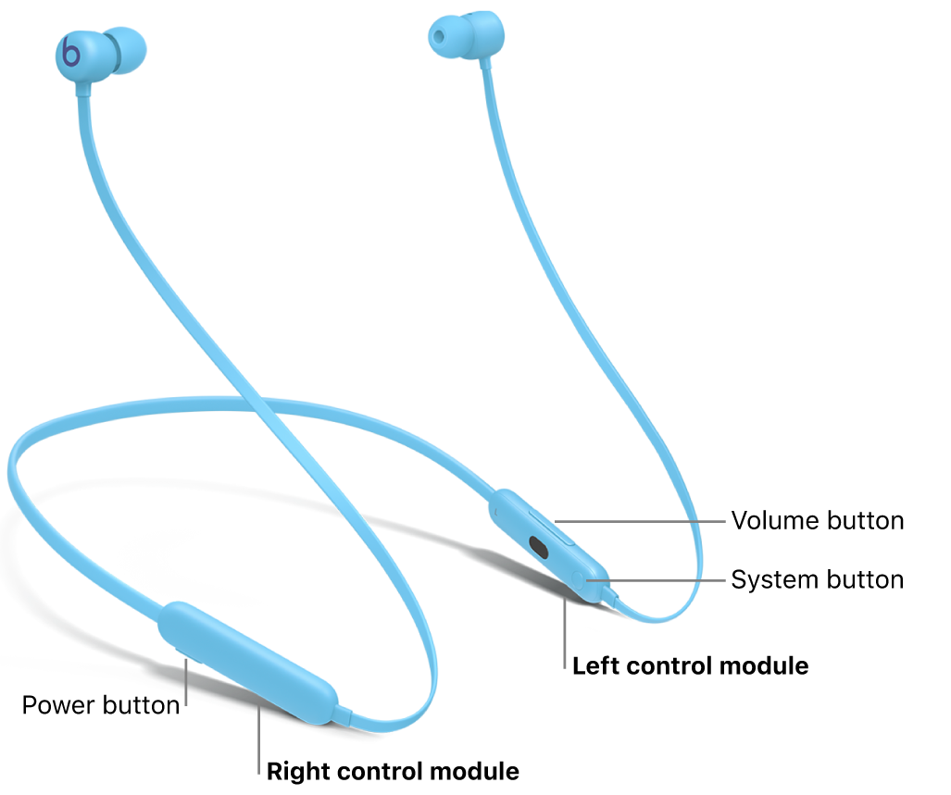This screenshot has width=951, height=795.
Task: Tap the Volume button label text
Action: click(x=817, y=520)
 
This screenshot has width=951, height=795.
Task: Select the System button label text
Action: click(x=817, y=579)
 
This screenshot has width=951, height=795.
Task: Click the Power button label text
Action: click(x=100, y=705)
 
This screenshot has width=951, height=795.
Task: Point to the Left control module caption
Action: click(x=690, y=665)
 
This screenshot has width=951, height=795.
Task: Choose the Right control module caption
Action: click(x=393, y=771)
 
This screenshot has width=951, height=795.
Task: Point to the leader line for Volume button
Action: click(x=639, y=520)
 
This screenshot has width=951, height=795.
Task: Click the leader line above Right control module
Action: click(x=260, y=732)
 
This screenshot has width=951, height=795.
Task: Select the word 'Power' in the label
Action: click(x=58, y=705)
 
